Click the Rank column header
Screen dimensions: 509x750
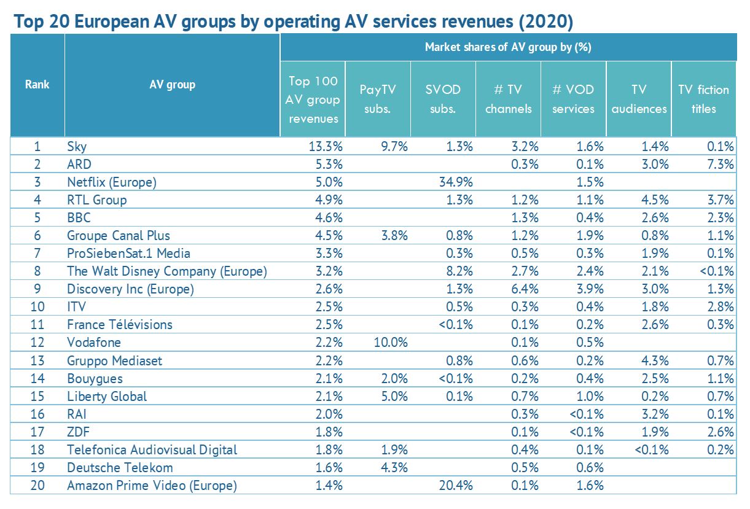click(37, 85)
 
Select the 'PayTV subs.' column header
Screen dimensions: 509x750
click(378, 99)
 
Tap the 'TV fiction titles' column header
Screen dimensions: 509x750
click(703, 99)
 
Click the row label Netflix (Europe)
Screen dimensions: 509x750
click(112, 182)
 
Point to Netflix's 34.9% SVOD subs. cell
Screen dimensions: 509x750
click(457, 182)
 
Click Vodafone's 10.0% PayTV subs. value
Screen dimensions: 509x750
click(391, 342)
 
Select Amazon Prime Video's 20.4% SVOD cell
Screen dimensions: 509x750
click(457, 485)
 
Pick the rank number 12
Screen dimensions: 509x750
click(37, 342)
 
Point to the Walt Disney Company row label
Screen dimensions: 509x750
click(167, 271)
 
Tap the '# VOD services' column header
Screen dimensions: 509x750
click(572, 99)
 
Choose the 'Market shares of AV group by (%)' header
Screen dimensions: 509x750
click(507, 47)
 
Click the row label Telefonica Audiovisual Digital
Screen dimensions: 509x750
click(152, 449)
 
